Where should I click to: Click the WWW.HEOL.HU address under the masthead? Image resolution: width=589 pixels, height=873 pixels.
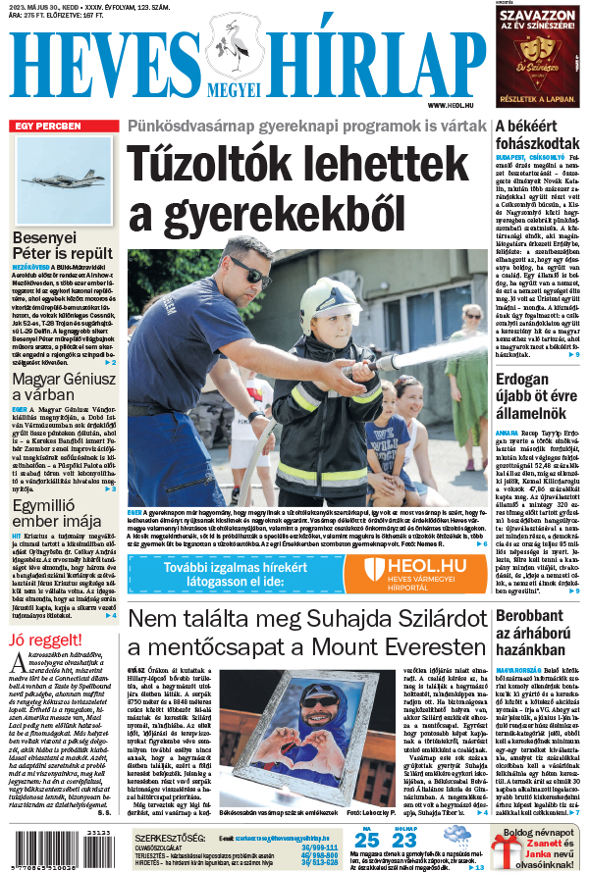452,105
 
